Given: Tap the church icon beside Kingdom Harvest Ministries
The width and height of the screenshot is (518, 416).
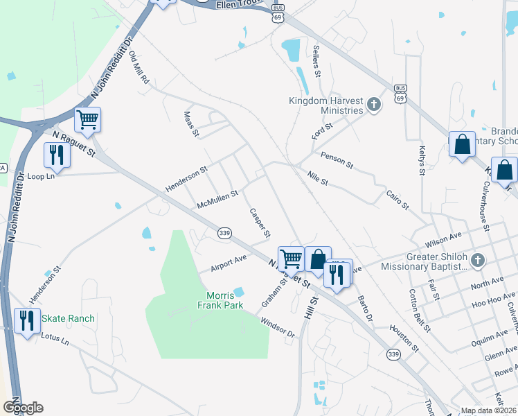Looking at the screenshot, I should point(374,105).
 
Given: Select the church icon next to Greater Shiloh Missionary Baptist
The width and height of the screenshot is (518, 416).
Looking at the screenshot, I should point(477,261).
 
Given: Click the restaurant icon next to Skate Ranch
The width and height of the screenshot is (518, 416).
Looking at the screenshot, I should point(26,321).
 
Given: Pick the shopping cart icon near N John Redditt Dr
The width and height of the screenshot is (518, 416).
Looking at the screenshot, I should point(88,120).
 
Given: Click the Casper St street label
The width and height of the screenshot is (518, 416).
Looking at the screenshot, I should point(259,224).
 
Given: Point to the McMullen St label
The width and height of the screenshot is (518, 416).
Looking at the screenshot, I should point(217,199).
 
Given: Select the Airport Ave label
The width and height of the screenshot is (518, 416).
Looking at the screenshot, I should point(229,263).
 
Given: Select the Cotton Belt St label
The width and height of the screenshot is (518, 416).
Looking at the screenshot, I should point(420,309).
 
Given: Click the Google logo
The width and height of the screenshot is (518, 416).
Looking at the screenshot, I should point(23,407).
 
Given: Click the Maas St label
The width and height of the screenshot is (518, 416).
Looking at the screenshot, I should point(191,123).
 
